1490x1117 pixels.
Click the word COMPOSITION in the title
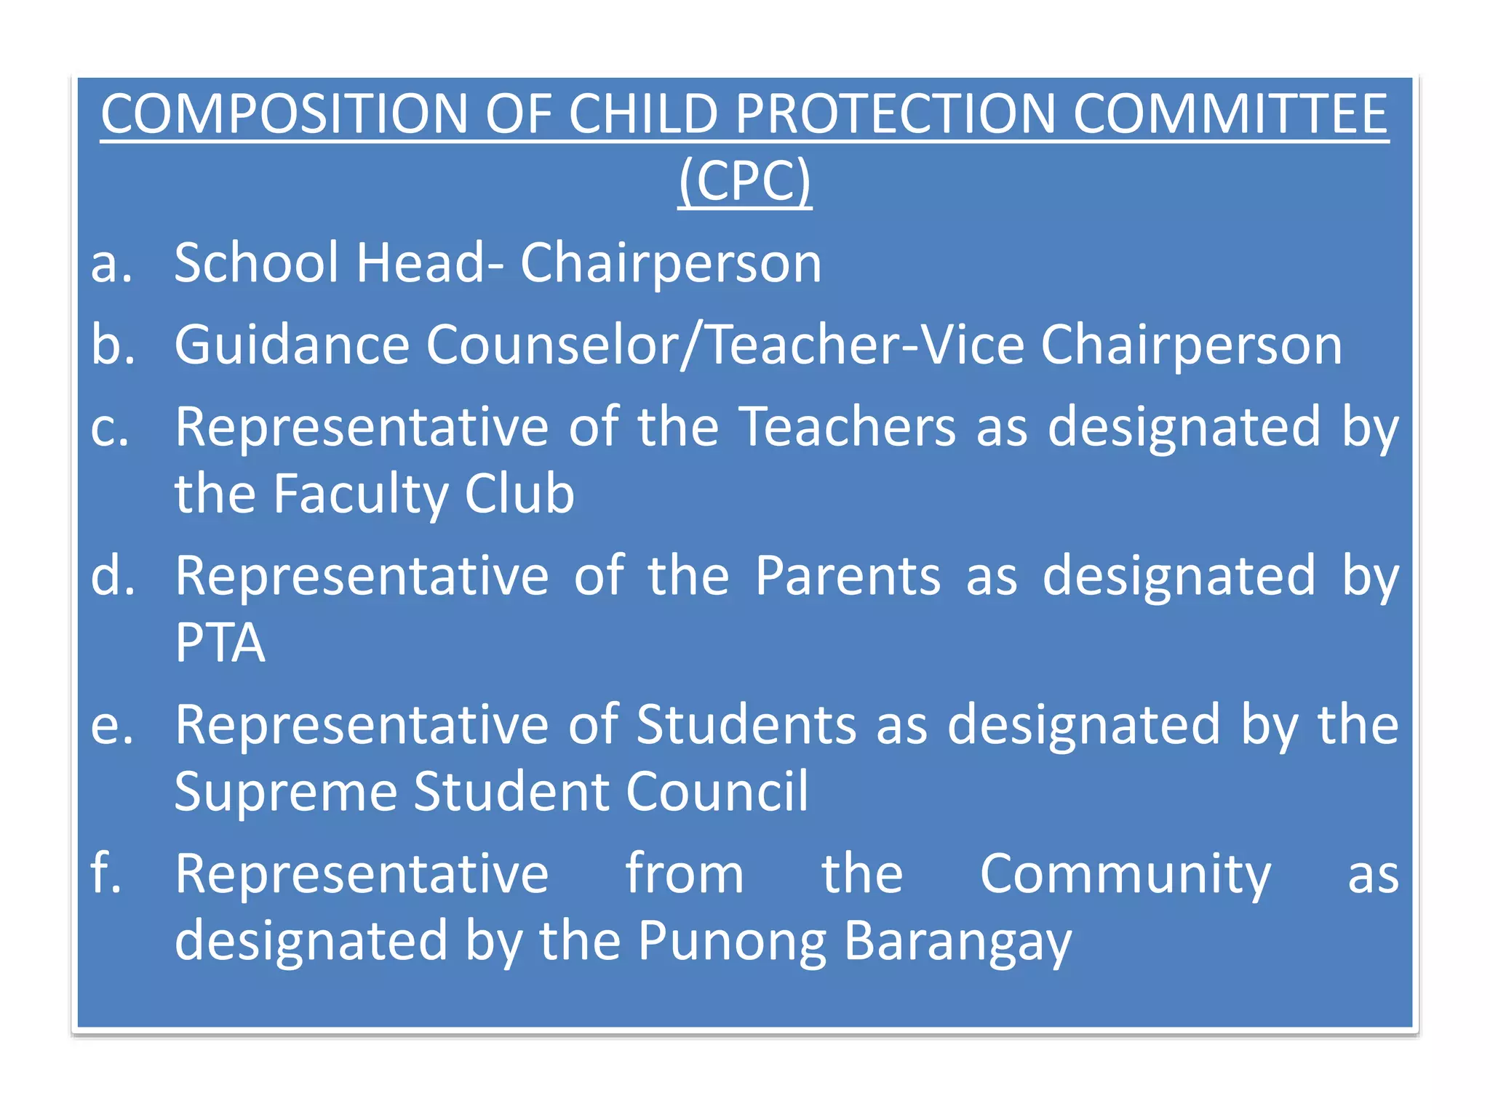284,114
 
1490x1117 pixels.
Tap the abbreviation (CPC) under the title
744,180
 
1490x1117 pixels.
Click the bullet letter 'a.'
111,263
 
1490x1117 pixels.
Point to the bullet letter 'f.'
105,873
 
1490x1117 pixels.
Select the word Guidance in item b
292,345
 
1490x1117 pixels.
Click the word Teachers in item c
847,427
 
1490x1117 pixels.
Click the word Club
519,494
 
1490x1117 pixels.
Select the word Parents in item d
847,576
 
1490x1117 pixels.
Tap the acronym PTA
220,643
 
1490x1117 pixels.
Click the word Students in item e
746,725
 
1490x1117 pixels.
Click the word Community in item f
1125,875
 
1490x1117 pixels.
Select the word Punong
732,942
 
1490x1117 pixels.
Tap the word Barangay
957,942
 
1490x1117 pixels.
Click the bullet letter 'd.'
113,576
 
